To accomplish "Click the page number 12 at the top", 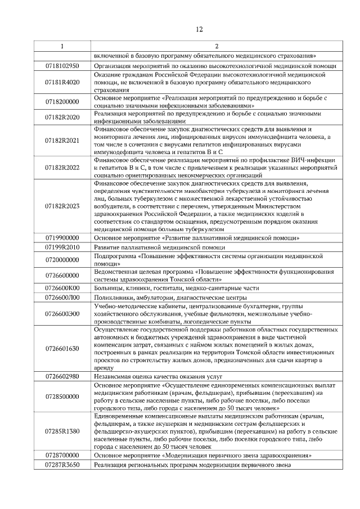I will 199,29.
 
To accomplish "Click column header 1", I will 62,46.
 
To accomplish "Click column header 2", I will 216,46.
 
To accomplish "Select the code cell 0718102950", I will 62,66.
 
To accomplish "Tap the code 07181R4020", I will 62,82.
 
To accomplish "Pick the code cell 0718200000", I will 62,102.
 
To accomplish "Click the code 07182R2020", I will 62,118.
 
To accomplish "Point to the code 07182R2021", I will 62,141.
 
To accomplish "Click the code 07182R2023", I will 62,206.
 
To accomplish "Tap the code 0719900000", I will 62,238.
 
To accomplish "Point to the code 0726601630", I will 62,348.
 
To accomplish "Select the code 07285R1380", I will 62,431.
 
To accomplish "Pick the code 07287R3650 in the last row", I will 62,465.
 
